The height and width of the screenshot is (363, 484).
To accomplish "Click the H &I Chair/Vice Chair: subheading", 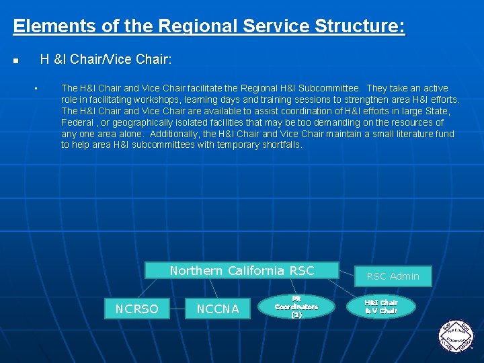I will pos(106,60).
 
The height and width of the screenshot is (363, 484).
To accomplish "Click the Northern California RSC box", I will pos(242,271).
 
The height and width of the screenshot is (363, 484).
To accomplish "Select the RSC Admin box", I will pos(393,276).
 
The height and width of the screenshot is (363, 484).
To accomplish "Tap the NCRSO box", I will pos(136,309).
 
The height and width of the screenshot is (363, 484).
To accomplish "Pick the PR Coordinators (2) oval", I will pos(296,306).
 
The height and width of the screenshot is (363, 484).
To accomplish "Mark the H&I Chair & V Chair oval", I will pos(381,307).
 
